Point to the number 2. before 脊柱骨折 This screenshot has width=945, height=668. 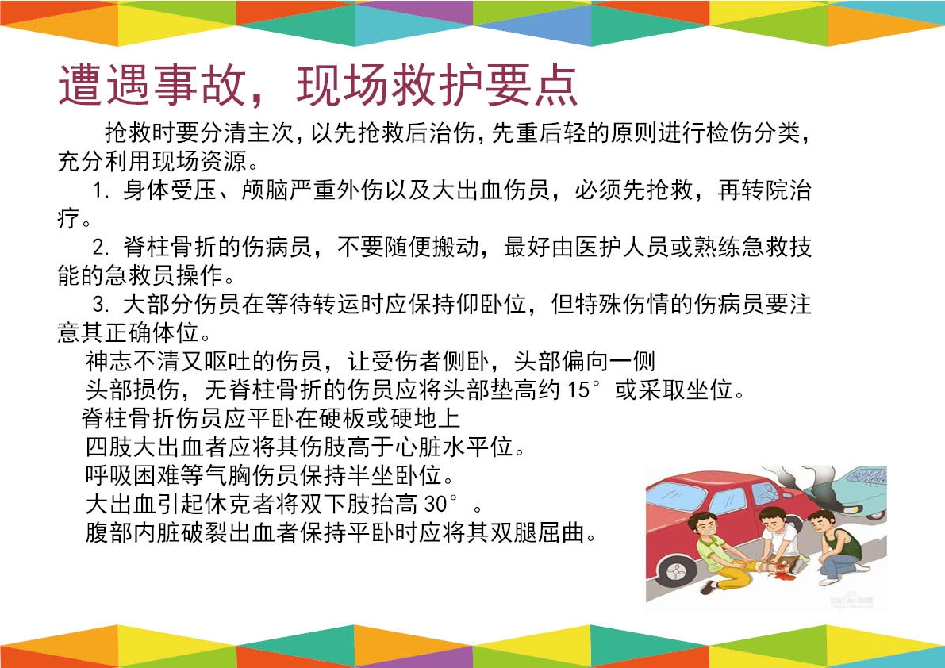click(x=102, y=247)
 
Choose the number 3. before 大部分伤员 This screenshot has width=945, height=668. click(x=102, y=304)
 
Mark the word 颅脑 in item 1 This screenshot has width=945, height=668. click(x=265, y=190)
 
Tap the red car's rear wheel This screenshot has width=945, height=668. click(x=675, y=570)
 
